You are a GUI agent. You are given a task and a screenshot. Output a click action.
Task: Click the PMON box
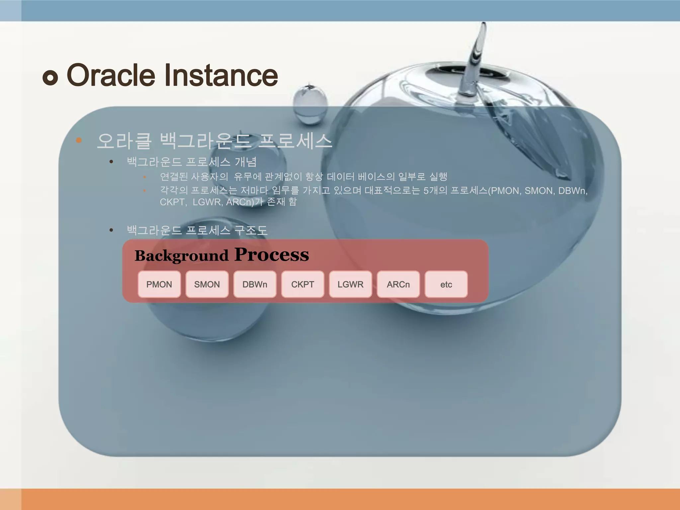coord(159,284)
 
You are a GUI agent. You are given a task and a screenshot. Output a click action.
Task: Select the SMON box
coord(207,284)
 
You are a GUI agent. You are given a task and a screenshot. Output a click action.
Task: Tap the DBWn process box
coord(255,284)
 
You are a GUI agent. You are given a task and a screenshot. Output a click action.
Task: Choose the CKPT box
coord(302,284)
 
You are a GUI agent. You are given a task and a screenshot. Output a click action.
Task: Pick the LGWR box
coord(350,284)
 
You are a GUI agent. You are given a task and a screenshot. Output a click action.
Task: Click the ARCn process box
coord(398,284)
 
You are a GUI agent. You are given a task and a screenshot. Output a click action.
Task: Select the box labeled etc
coord(446,284)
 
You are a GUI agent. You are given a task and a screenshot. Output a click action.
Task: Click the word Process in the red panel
coord(272,255)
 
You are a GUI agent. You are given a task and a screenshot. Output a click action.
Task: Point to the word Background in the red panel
coord(181,256)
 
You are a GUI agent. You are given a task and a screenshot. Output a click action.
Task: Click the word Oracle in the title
coord(111,75)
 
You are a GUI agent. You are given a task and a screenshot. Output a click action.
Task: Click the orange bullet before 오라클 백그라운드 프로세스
coord(79,140)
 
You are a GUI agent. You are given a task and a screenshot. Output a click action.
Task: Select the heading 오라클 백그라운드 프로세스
coord(214,141)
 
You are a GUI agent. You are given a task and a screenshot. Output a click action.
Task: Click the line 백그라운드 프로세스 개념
coord(192,162)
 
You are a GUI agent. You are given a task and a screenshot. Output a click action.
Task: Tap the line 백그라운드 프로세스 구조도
coord(197,230)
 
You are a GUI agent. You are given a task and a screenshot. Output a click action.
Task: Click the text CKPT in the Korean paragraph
coord(172,202)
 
